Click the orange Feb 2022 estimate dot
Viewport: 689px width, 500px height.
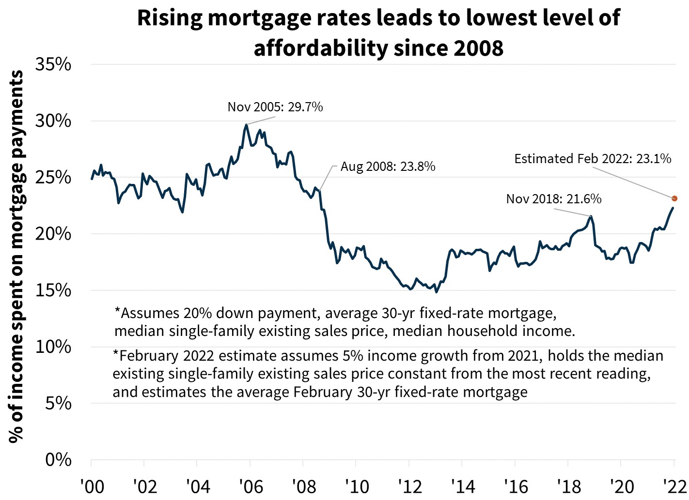tap(674, 198)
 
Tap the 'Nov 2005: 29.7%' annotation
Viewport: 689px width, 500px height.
tap(275, 107)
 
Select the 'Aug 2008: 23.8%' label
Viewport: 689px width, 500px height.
tap(388, 167)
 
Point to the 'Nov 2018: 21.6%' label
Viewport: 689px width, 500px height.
tap(553, 199)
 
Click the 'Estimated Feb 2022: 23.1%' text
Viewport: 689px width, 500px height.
tap(593, 159)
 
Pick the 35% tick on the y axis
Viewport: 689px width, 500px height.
tap(53, 64)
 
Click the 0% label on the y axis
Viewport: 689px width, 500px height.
tap(58, 460)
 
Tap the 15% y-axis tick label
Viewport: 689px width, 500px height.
tap(53, 290)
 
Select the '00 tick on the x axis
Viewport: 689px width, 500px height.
tap(91, 486)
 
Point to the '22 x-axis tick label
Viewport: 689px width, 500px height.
tap(673, 486)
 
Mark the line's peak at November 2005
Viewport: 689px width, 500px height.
tap(246, 125)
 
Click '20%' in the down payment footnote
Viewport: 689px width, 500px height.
tap(198, 313)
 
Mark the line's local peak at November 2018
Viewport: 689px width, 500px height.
tap(591, 216)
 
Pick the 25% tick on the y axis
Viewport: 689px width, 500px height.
tap(53, 178)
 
